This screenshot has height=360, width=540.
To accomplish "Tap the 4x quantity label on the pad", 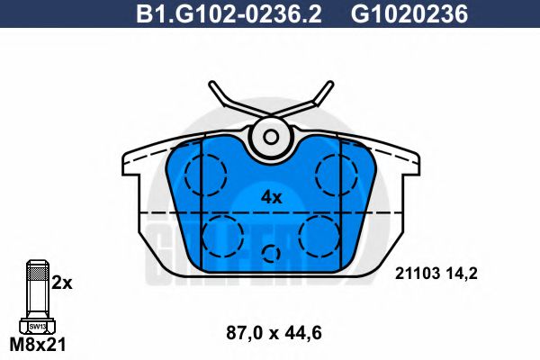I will coord(271,196).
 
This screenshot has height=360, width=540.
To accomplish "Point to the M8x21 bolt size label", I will coord(38,344).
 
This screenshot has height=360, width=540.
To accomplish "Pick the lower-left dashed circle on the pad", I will coord(222,236).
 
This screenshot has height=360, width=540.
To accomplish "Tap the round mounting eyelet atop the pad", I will coord(270,137).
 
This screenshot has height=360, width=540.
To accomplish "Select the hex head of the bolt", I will coord(37,326).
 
